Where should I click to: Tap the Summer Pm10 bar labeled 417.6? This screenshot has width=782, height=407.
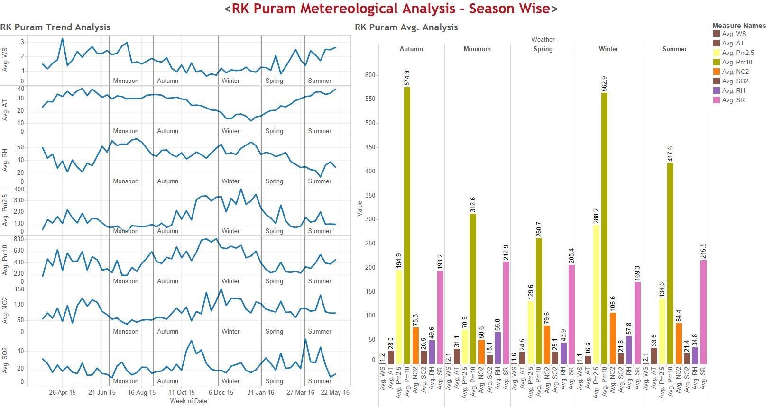pos(670,263)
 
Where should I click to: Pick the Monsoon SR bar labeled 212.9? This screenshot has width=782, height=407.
pos(506,313)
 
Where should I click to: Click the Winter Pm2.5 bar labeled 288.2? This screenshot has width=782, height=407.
pos(596,294)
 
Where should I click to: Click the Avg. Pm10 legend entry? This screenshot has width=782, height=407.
pos(737,62)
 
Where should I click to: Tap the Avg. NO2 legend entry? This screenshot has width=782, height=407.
pos(735,72)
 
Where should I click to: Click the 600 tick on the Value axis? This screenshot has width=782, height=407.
pos(370,75)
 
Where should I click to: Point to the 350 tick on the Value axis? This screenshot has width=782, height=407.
pos(370,195)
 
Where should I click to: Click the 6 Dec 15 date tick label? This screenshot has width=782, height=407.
pos(221,392)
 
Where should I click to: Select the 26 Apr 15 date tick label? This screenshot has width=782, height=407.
pos(62,392)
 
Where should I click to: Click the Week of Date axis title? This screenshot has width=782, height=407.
pos(188,401)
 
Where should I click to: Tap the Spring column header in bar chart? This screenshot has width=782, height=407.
pos(543,49)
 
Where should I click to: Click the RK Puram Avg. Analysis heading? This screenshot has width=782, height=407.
pos(406,27)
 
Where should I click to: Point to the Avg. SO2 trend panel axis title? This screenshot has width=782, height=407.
pos(5,360)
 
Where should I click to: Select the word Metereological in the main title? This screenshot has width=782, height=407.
pos(347,9)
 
